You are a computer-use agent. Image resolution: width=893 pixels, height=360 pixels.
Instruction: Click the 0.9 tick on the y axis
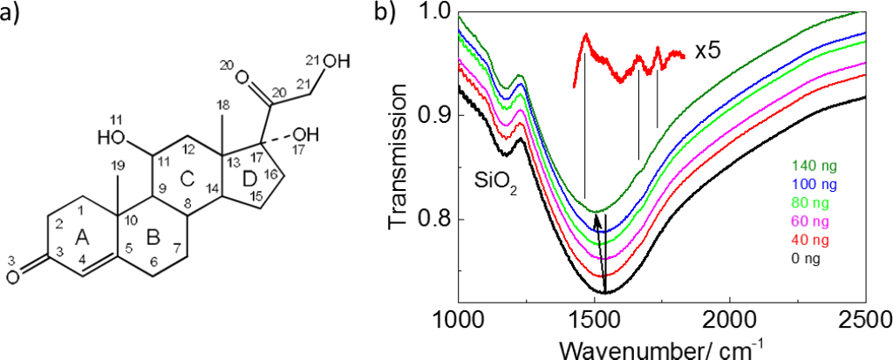435,115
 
